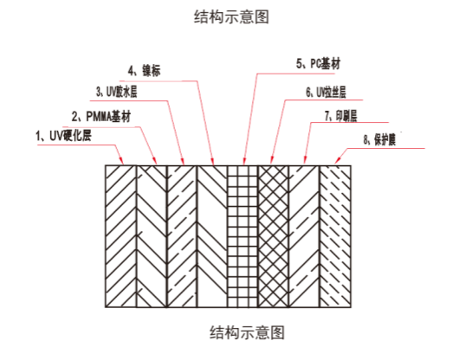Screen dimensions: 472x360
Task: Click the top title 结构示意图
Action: pyautogui.click(x=231, y=16)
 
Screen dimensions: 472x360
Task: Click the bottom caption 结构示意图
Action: pyautogui.click(x=247, y=332)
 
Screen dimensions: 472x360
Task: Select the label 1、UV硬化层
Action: pyautogui.click(x=63, y=136)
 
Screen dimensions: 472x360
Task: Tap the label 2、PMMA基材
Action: pyautogui.click(x=101, y=116)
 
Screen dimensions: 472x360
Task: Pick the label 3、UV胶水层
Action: pyautogui.click(x=117, y=92)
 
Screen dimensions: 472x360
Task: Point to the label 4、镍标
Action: pyautogui.click(x=144, y=71)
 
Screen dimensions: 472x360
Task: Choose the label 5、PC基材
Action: pyautogui.click(x=319, y=64)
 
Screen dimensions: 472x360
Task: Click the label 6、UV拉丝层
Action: pyautogui.click(x=326, y=93)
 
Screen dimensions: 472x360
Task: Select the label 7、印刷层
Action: pyautogui.click(x=340, y=116)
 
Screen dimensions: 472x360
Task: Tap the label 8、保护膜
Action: pyautogui.click(x=379, y=140)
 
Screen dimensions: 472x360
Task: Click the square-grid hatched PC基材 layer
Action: pyautogui.click(x=242, y=236)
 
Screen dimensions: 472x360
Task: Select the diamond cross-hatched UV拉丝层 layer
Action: pyautogui.click(x=274, y=236)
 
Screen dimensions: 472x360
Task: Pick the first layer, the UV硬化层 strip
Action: pyautogui.click(x=120, y=236)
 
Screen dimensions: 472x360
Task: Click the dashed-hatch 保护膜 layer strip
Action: pyautogui.click(x=335, y=236)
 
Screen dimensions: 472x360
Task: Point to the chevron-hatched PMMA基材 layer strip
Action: pyautogui.click(x=152, y=236)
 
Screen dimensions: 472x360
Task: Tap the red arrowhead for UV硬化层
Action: pyautogui.click(x=121, y=161)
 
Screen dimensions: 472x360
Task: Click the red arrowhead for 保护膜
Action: pyautogui.click(x=338, y=160)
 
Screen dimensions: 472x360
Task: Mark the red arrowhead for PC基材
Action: pyautogui.click(x=244, y=161)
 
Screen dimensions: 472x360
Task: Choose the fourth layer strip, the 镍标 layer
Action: pyautogui.click(x=212, y=236)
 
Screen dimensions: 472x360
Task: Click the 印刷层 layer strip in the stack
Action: pyautogui.click(x=304, y=236)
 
